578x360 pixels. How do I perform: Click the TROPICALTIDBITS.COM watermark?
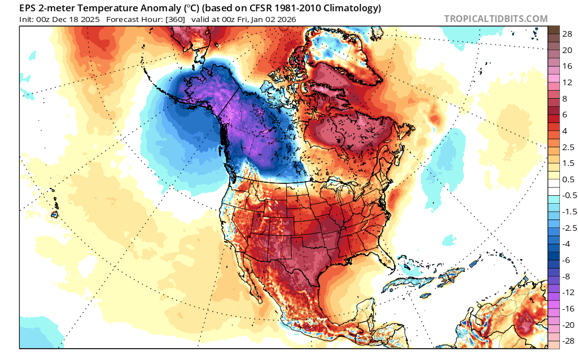pyautogui.click(x=496, y=19)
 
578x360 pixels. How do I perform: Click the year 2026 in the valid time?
pyautogui.click(x=284, y=19)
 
